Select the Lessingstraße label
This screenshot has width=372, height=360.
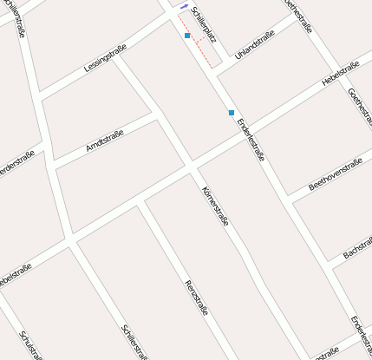point(106,56)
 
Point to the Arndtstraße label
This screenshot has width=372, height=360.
point(105,141)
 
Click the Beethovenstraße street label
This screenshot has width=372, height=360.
point(335,174)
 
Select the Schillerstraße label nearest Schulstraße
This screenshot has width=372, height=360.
point(135,341)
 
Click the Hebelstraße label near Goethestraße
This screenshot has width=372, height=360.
point(340,75)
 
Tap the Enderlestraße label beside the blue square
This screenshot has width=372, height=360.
point(251,139)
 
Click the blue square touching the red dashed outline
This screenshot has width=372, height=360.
point(187,36)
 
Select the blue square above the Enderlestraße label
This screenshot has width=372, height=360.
point(231,113)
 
